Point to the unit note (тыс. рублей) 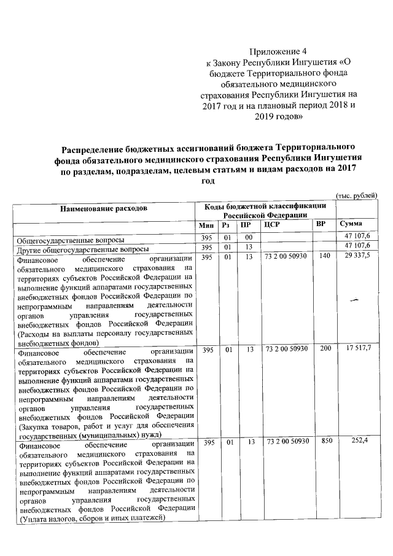point(356,195)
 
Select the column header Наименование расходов point(103,209)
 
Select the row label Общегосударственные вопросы point(71,239)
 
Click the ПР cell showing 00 point(248,238)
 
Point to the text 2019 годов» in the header point(279,116)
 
